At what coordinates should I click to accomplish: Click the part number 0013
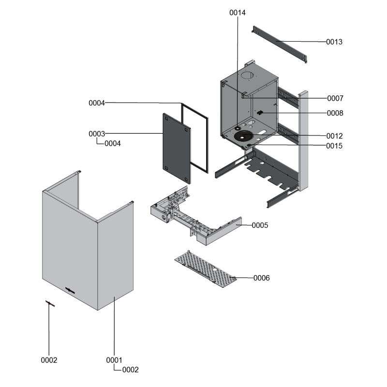point(334,42)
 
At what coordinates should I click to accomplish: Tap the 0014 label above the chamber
point(237,13)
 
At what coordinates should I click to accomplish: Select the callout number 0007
point(335,98)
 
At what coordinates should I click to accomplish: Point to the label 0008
point(335,113)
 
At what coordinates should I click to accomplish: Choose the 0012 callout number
point(335,136)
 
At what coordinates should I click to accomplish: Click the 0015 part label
point(335,146)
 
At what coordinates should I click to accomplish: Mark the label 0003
point(97,134)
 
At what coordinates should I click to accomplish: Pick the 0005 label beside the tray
point(260,225)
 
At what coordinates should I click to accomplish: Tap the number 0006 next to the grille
point(262,278)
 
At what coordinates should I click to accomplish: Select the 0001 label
point(114,360)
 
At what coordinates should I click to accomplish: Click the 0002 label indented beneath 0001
point(130,370)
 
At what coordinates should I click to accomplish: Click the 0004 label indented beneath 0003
point(112,144)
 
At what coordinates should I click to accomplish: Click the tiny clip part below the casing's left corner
point(50,303)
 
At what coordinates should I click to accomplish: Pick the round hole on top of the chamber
point(247,76)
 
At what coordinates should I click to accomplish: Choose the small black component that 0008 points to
point(260,113)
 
